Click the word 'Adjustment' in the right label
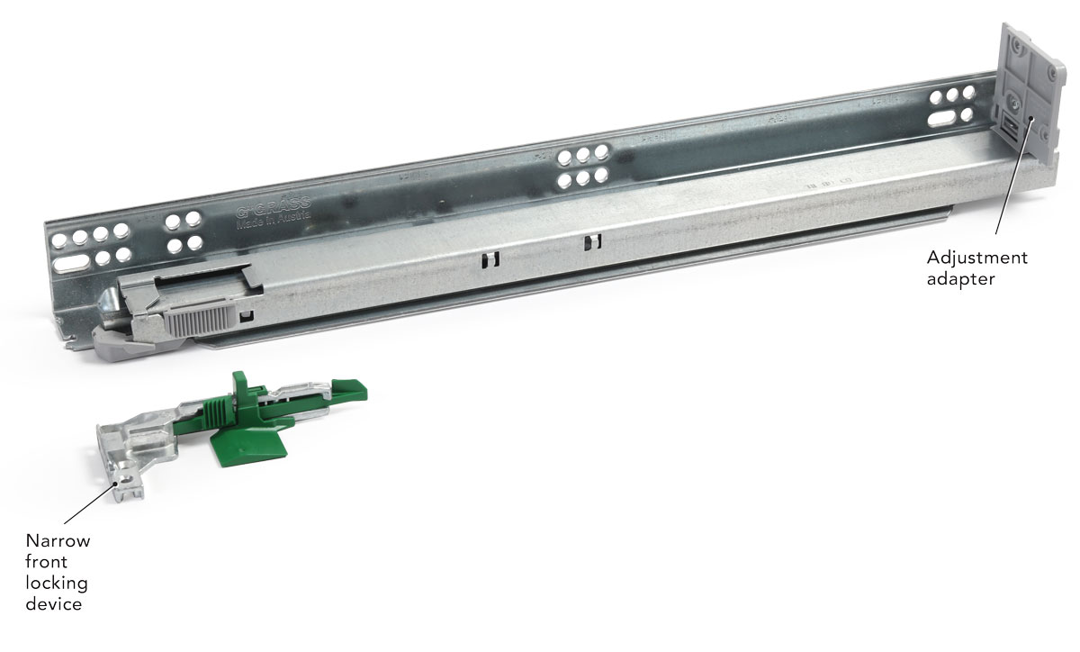click(976, 258)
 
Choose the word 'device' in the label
click(54, 603)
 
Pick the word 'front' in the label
click(47, 562)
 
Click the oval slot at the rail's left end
click(75, 262)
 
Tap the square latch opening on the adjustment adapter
click(1012, 128)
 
